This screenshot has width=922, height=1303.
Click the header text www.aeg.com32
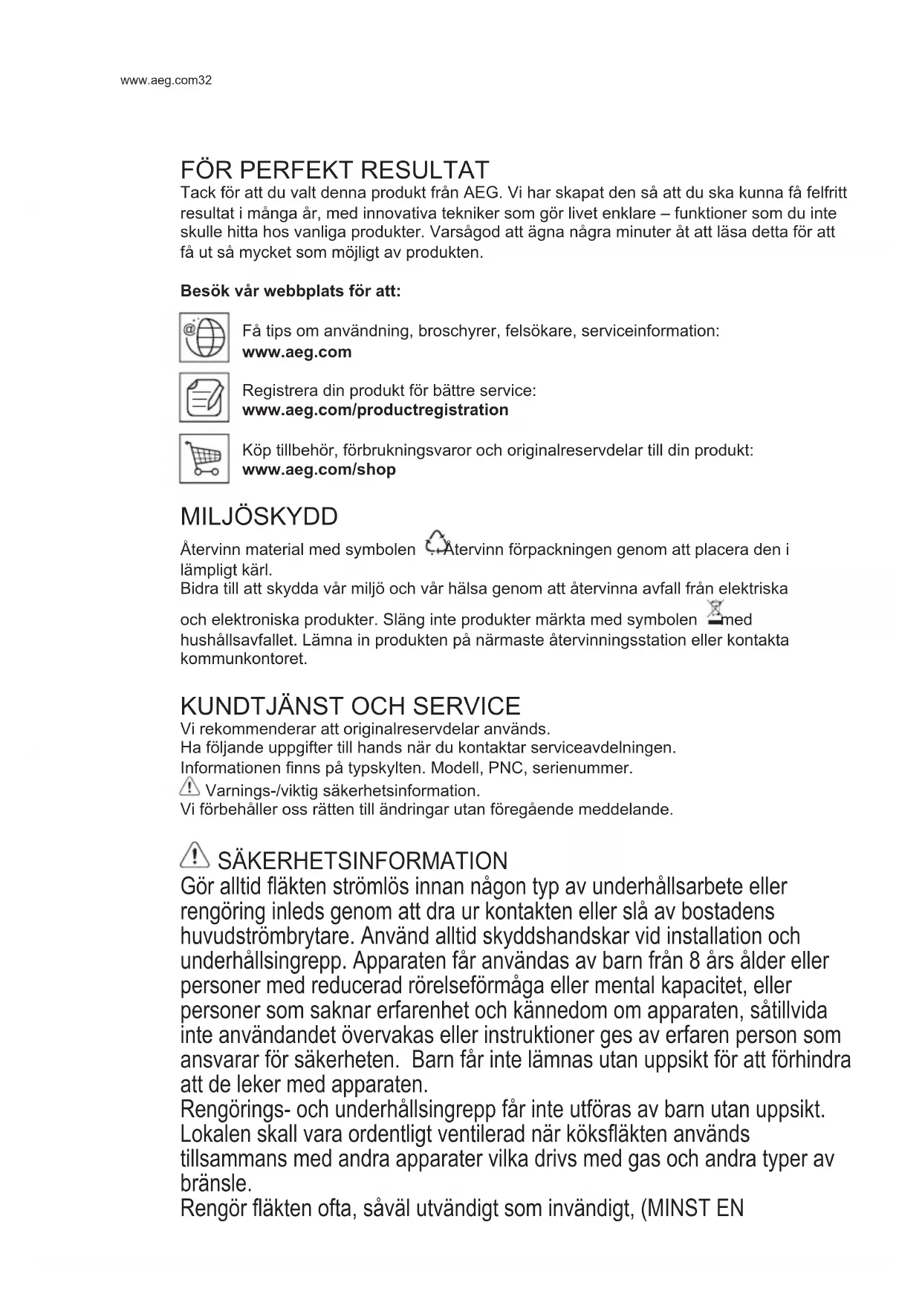click(x=166, y=80)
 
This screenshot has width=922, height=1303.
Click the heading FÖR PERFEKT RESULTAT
click(x=334, y=170)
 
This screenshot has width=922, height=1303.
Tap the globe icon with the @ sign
click(x=204, y=338)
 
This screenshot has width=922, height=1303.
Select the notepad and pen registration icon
click(x=204, y=398)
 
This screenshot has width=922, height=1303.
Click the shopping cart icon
click(x=204, y=458)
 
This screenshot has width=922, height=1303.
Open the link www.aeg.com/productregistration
click(x=375, y=410)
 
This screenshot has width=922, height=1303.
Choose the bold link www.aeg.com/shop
click(x=319, y=469)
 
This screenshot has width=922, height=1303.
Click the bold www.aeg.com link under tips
click(x=296, y=352)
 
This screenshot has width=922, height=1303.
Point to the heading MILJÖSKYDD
click(x=259, y=516)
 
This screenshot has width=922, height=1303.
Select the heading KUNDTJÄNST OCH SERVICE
click(x=350, y=705)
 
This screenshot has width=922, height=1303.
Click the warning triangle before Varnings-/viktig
click(x=190, y=786)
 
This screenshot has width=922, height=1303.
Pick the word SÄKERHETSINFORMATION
click(x=363, y=861)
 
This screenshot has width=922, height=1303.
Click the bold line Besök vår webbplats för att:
click(x=290, y=291)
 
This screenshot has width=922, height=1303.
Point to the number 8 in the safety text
click(x=695, y=961)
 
